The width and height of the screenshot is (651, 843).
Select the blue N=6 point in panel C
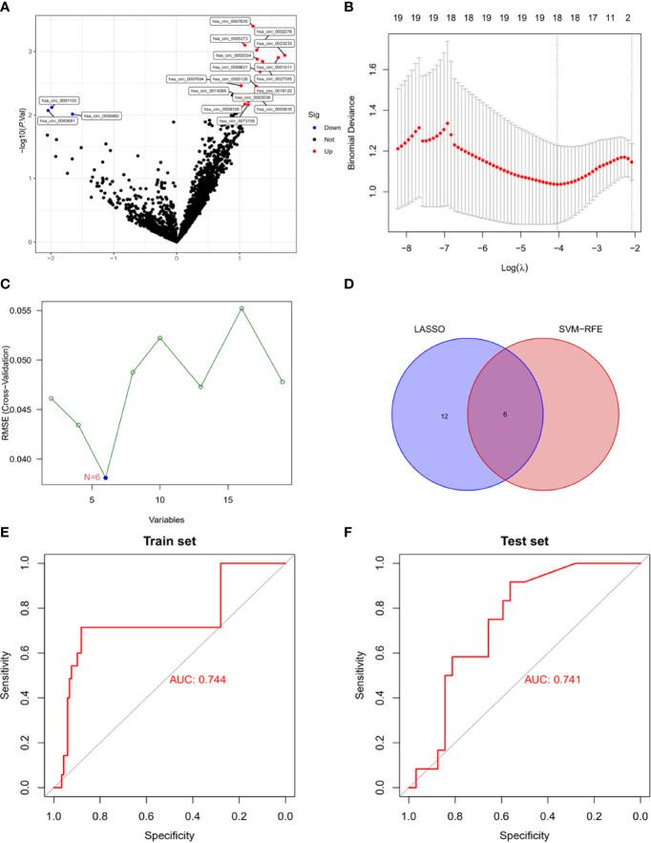[106, 477]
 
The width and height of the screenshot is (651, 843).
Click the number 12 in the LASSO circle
[417, 416]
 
